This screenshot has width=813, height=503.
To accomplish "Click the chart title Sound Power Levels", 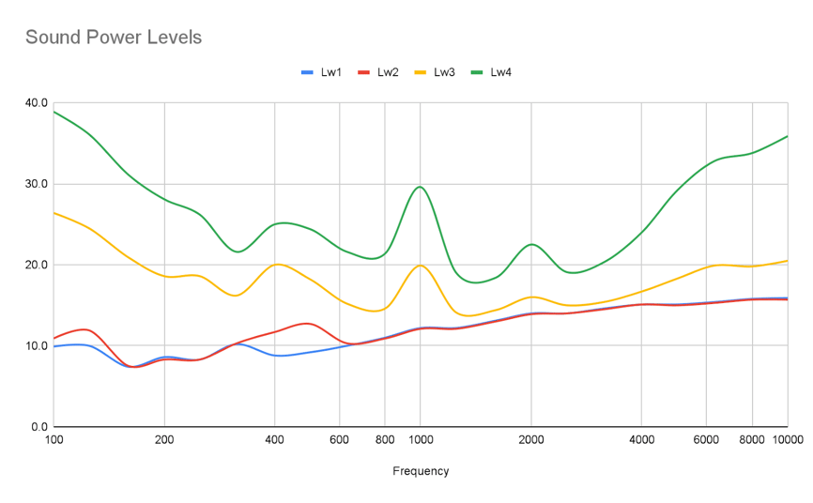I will [114, 38].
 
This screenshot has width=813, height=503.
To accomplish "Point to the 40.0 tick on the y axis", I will [37, 102].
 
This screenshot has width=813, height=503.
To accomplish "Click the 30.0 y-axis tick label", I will [37, 184].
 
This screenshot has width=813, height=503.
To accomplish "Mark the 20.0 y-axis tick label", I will [37, 265].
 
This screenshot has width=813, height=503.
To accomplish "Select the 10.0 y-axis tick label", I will [37, 346].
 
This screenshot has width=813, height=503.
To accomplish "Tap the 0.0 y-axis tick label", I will [39, 427].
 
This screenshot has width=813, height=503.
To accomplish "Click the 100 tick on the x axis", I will [54, 439].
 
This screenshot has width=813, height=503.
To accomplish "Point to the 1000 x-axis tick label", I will [421, 439].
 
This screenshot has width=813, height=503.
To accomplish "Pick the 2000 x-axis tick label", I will [531, 439].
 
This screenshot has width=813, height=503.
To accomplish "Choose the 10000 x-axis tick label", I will [788, 439].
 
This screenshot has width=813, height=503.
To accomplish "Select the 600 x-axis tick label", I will [340, 439].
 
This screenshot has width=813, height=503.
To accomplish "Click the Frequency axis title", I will [421, 471].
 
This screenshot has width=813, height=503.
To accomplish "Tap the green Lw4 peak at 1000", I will [421, 187].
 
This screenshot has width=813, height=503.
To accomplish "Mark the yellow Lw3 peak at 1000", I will [421, 266].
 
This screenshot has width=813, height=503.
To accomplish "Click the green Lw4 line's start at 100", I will [54, 112].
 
